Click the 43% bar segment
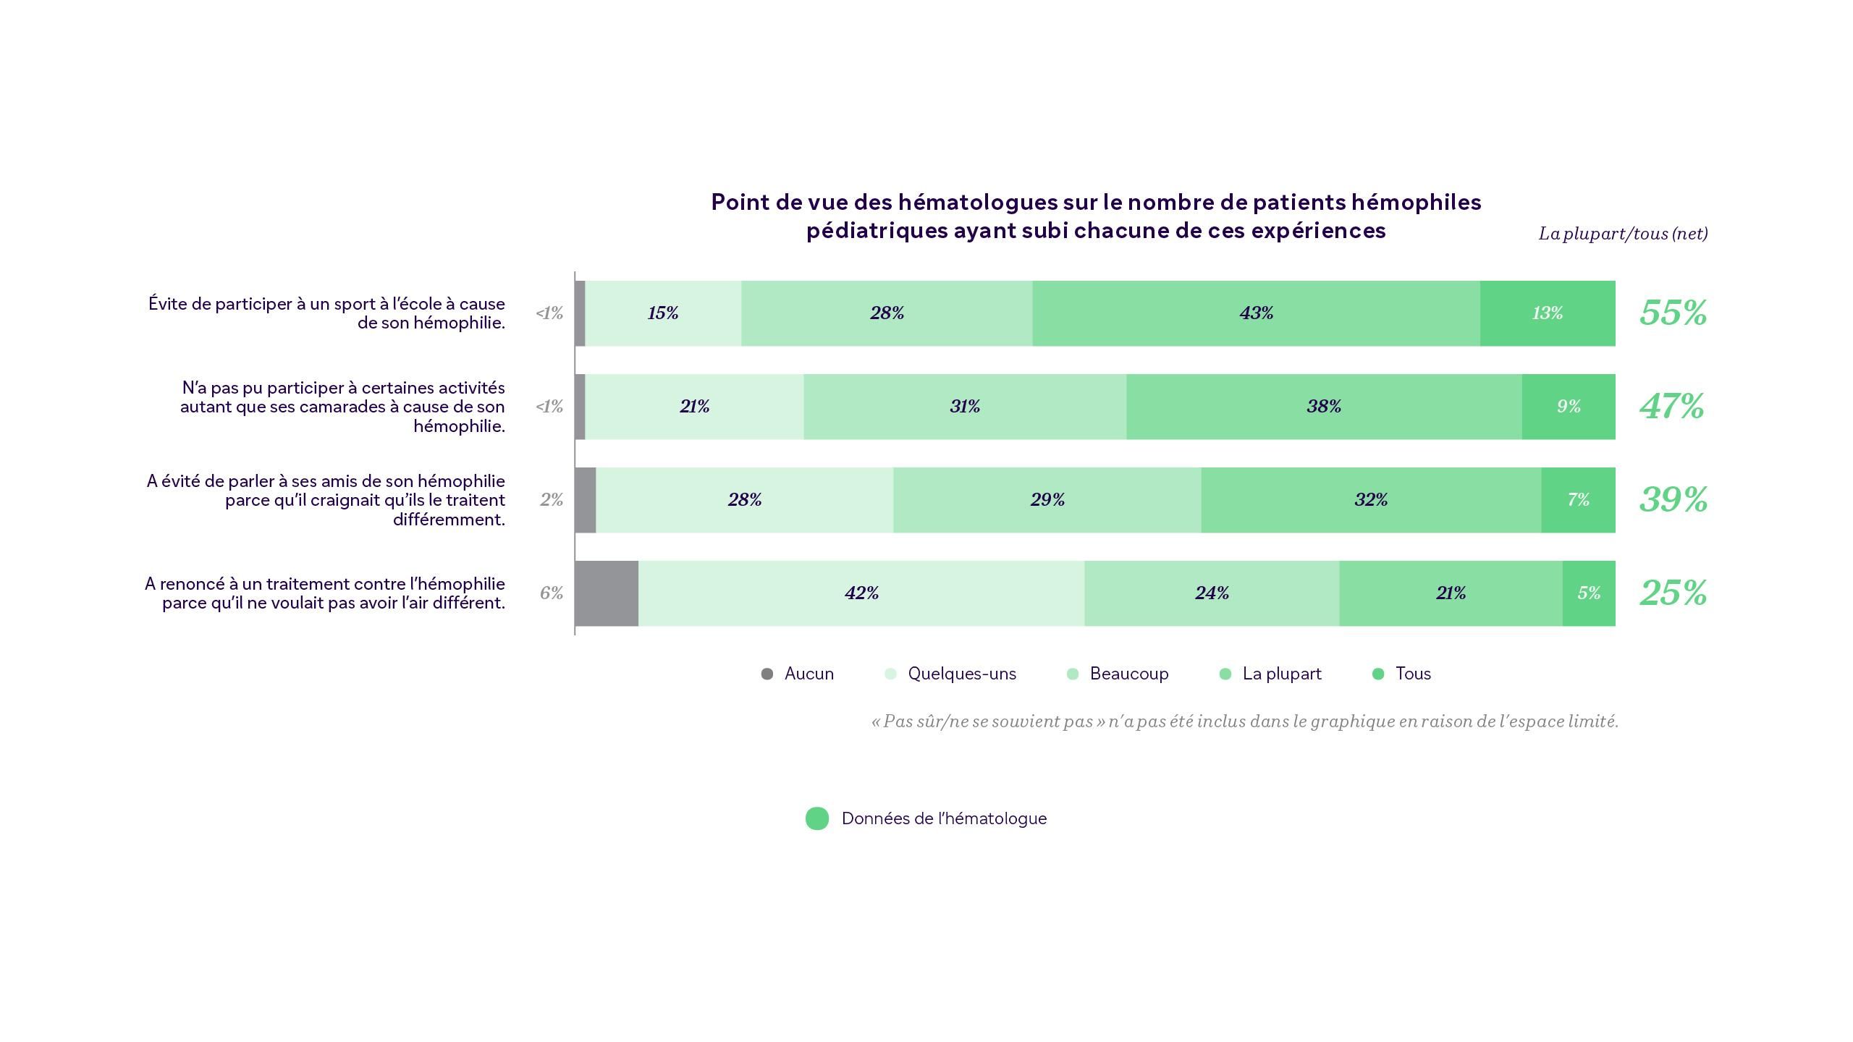point(1256,313)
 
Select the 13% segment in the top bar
point(1547,313)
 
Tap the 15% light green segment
point(663,313)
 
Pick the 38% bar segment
point(1324,407)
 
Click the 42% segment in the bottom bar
point(861,593)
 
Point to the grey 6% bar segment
point(607,593)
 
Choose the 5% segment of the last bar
point(1589,593)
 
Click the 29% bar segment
point(1047,500)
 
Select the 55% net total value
point(1673,313)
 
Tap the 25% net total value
point(1673,593)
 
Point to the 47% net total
point(1671,407)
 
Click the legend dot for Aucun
point(767,674)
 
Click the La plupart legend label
point(1282,674)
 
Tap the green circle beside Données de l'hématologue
point(817,818)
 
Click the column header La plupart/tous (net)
point(1623,234)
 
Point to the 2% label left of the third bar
point(552,500)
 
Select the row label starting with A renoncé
point(325,593)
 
